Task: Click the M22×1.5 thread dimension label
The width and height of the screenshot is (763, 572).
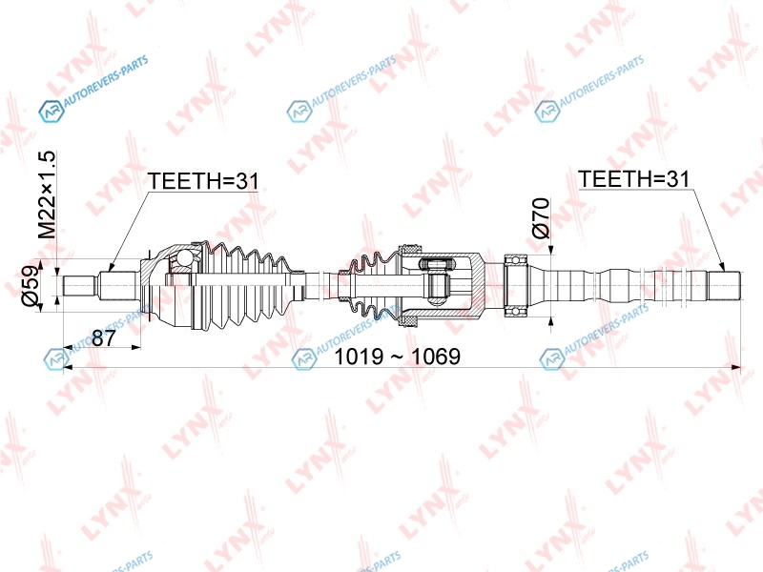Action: (x=49, y=194)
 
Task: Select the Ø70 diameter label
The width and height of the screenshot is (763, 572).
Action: (x=541, y=217)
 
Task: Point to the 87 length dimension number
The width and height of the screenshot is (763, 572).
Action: (x=104, y=337)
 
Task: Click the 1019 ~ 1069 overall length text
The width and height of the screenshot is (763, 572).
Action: (x=397, y=357)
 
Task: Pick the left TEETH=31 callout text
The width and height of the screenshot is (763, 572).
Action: (x=203, y=181)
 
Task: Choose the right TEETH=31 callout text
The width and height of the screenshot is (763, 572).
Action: (x=633, y=179)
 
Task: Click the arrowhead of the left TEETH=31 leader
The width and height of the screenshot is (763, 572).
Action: (x=111, y=267)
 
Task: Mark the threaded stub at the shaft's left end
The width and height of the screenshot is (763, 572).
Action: (x=79, y=285)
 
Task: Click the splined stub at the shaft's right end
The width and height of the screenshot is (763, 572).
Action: (x=725, y=285)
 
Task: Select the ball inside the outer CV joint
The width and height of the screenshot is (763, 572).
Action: (x=185, y=256)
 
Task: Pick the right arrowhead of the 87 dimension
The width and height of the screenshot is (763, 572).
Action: (x=136, y=347)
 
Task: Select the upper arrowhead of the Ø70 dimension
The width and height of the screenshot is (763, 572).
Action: (x=551, y=249)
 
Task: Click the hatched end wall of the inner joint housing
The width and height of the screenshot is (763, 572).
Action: (x=478, y=285)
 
